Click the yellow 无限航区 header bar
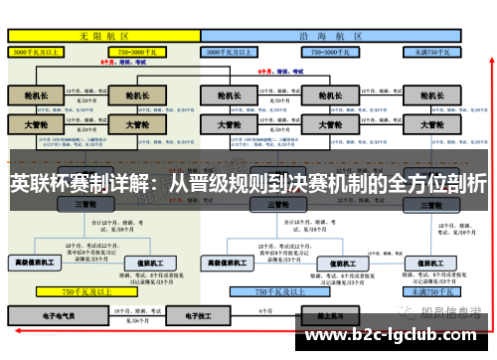(x=100, y=34)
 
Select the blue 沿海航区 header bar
(x=329, y=34)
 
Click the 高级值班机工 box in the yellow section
(x=34, y=263)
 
